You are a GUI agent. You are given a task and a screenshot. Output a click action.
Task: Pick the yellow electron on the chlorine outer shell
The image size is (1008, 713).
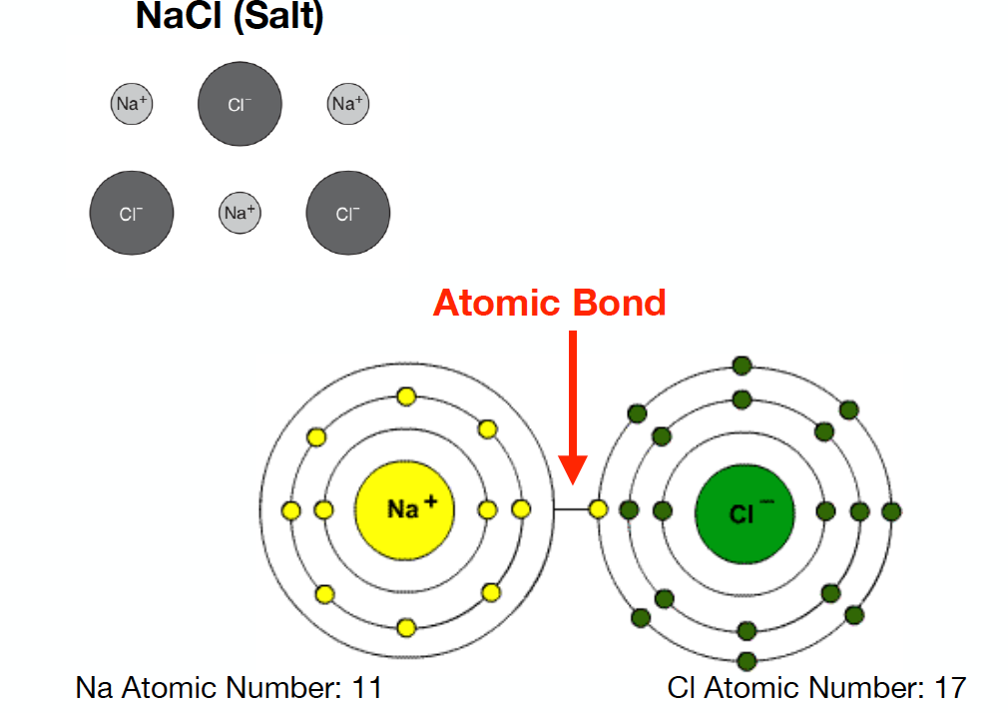598,510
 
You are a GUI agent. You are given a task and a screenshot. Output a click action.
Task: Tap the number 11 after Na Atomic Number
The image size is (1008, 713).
365,688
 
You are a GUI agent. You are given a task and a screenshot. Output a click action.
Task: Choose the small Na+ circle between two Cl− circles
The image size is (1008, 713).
240,212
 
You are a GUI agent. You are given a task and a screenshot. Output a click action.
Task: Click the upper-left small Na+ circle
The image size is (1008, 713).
132,103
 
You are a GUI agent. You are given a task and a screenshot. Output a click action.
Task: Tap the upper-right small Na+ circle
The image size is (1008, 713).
348,103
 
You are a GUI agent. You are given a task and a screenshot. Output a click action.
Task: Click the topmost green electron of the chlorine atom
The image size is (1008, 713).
742,365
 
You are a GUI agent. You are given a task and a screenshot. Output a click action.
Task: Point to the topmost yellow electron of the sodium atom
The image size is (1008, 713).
405,396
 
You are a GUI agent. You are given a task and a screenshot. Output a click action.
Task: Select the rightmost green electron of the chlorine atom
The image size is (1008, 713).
892,510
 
